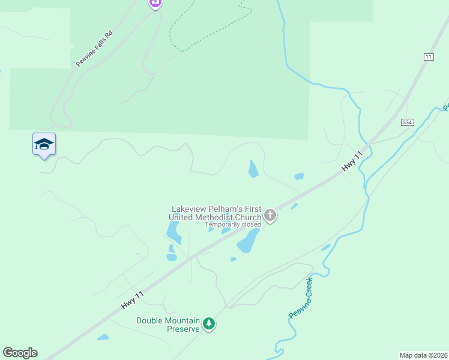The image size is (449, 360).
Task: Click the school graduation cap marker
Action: click(44, 144)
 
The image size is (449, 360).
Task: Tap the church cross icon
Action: click(270, 215)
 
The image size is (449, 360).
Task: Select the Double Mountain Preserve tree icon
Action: click(209, 324)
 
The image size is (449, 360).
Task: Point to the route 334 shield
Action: click(408, 122)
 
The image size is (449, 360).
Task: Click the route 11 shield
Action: click(428, 56)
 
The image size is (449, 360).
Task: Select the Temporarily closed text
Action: click(233, 225)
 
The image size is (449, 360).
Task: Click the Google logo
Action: click(20, 353)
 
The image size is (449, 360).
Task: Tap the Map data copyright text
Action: click(424, 355)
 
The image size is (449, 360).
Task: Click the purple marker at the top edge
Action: click(155, 3)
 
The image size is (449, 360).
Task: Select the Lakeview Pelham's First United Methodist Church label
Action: click(217, 213)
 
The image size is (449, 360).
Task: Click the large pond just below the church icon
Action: click(248, 241)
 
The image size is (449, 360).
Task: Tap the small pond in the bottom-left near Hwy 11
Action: click(103, 337)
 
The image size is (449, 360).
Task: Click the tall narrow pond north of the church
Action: click(253, 169)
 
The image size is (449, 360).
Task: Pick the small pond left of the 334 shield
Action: click(299, 176)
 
